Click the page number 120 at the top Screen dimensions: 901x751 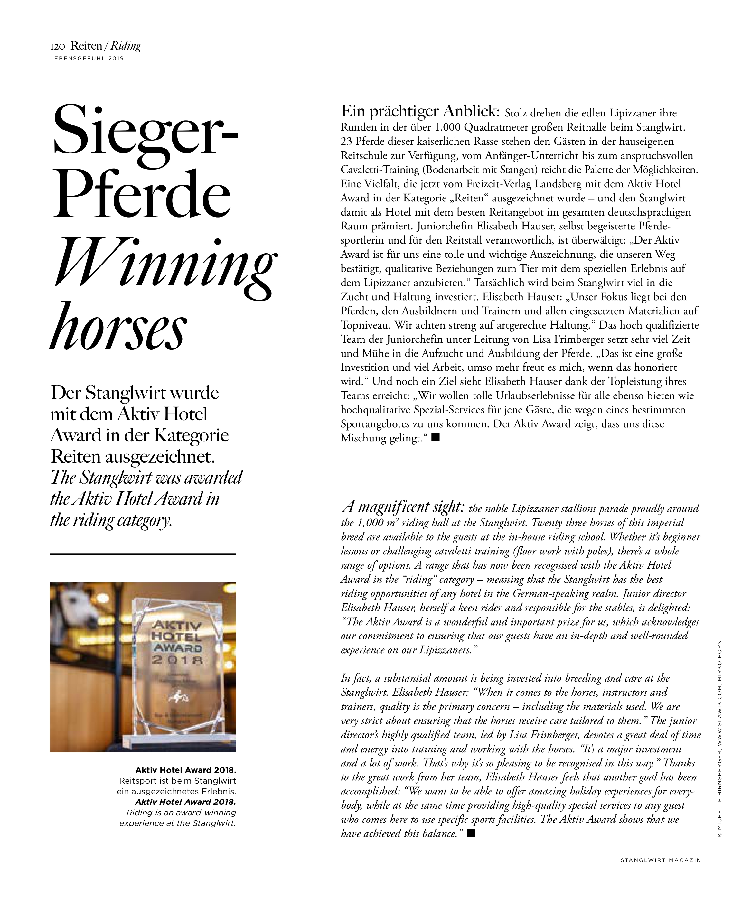point(58,46)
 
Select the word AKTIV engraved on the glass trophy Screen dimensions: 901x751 point(176,627)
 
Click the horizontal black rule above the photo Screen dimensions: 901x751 point(143,554)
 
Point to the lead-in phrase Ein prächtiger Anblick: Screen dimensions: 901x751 point(420,112)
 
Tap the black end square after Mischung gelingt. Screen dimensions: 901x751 point(436,438)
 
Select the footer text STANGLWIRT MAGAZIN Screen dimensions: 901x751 point(661,860)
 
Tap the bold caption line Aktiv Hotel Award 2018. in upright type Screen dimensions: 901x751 point(186,770)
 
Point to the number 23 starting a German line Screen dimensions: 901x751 point(346,142)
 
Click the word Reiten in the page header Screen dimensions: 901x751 point(86,46)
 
